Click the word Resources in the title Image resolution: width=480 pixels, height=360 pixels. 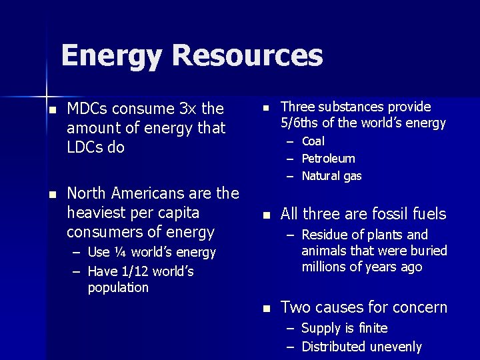click(247, 56)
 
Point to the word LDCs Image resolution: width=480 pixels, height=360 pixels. click(85, 147)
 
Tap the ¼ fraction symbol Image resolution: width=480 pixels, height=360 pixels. click(120, 253)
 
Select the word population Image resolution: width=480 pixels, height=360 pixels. click(119, 287)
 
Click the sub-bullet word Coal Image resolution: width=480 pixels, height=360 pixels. click(313, 141)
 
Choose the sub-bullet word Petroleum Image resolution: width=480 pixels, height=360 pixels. click(329, 159)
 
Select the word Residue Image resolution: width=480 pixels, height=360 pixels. click(324, 235)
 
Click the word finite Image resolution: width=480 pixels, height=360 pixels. click(372, 328)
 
